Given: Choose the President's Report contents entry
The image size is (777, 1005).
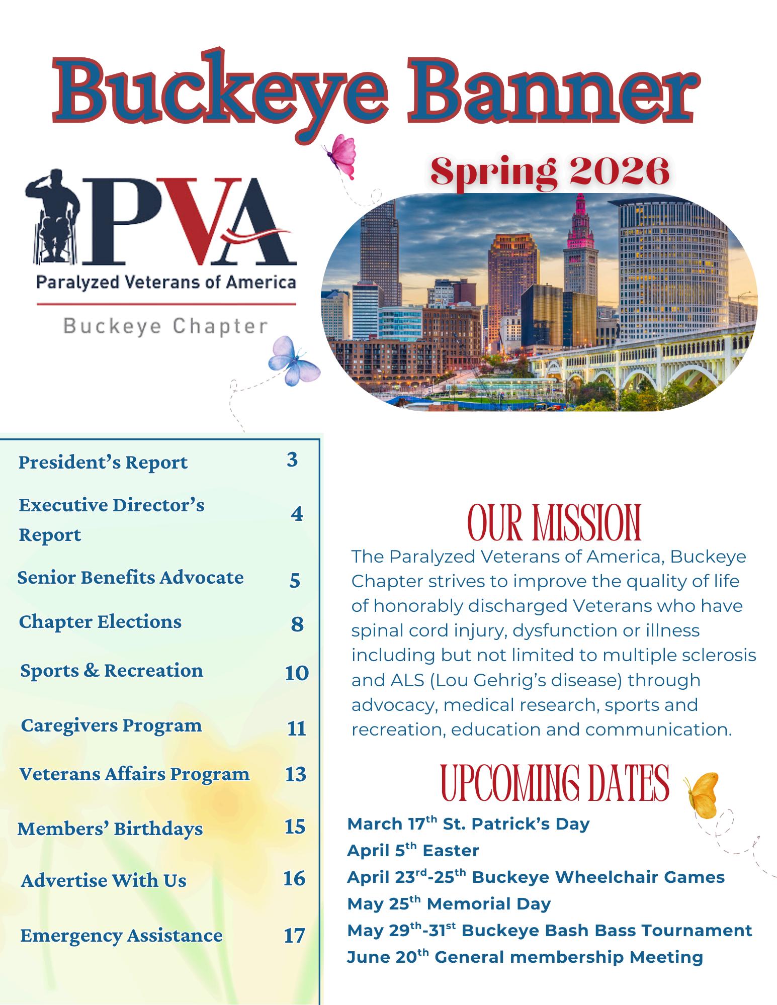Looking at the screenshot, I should (x=103, y=462).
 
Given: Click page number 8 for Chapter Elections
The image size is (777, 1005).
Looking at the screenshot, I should (x=297, y=624).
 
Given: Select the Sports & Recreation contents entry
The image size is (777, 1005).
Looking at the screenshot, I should (x=112, y=671).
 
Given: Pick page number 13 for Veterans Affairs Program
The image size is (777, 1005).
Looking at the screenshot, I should (x=295, y=774).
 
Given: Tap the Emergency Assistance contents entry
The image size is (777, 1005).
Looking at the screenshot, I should (x=121, y=936).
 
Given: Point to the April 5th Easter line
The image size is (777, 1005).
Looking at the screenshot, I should (x=412, y=850).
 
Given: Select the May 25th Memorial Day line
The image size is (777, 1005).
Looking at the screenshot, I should (x=449, y=903).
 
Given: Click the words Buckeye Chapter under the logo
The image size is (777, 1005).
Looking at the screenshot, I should (x=165, y=327).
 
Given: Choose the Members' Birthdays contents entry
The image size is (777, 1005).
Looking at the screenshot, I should (x=110, y=829).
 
